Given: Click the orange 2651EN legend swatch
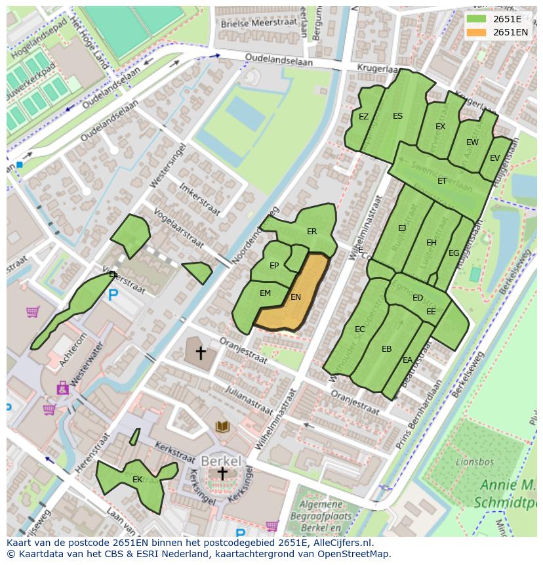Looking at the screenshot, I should point(477,32).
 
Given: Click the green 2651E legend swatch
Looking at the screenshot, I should point(477,18).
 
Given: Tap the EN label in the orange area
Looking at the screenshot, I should point(296,297).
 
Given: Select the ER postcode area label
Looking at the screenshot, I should point(312,232).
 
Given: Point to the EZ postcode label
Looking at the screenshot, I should point(363,117).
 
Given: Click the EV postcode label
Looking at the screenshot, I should point(494,158).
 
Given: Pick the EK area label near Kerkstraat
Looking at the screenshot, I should point(138,480).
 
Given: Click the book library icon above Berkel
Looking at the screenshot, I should point(223,427).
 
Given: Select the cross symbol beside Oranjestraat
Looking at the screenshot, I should point(201,353).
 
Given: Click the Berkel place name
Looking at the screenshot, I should point(221,459).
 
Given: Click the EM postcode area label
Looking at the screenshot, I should point(265,293).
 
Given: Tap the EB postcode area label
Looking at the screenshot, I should point(386,349).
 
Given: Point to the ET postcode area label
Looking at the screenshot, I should point(442,181).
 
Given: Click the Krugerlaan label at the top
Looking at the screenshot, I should point(378,68).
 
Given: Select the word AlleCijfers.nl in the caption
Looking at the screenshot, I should point(340,543).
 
